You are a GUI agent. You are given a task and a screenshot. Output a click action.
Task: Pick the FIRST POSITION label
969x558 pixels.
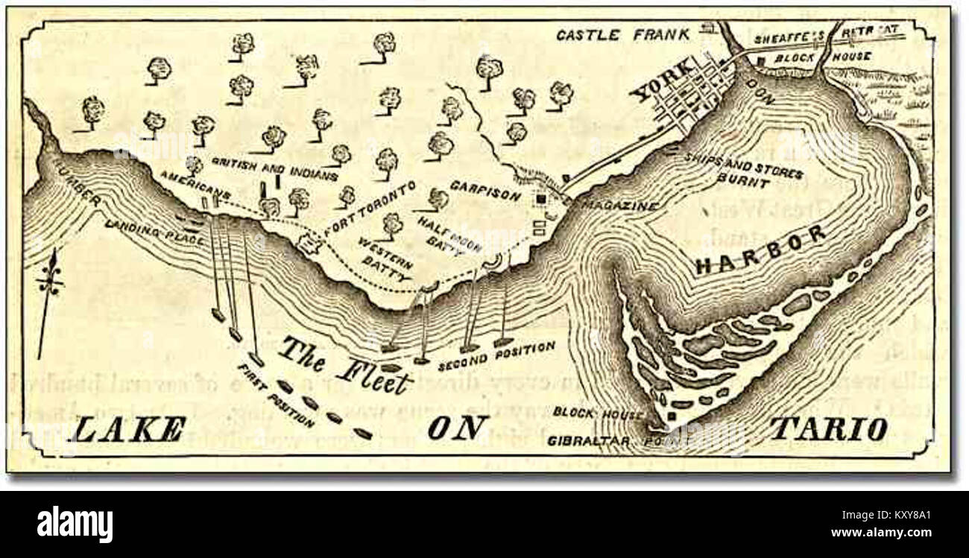point(276,395)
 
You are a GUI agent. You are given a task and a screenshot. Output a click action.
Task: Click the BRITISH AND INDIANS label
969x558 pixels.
point(274,168)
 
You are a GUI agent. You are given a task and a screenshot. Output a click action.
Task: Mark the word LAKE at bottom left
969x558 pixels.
point(129,430)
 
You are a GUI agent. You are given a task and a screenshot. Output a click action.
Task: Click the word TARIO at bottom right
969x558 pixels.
point(827,428)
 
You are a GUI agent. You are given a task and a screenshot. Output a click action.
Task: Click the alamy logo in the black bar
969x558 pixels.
point(75,524)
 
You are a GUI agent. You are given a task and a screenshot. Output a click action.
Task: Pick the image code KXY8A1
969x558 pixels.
point(918,513)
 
